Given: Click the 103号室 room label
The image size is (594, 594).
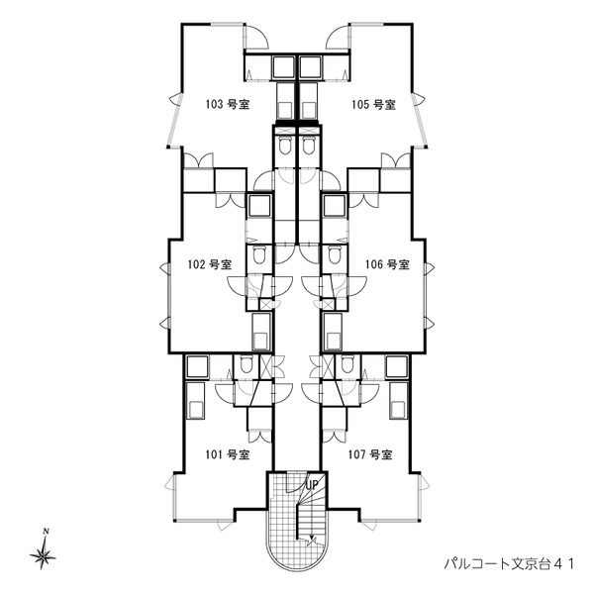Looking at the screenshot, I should pos(224,104).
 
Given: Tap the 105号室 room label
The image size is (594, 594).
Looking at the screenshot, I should pos(372,104).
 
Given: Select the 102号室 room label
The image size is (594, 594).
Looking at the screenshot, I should pos(210,264).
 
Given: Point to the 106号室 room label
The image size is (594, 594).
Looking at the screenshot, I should pos(387,264).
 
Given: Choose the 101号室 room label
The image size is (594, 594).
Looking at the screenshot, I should pos(226,455).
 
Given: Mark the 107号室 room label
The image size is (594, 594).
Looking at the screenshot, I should pos(371,455).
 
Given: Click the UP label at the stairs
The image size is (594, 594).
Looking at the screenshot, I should pos(310,484).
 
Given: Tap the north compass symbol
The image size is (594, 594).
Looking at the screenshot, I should pos(46,556).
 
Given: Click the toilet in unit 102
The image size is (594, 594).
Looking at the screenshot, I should pos(258,255).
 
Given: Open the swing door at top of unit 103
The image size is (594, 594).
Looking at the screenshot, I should pos(256,36).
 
